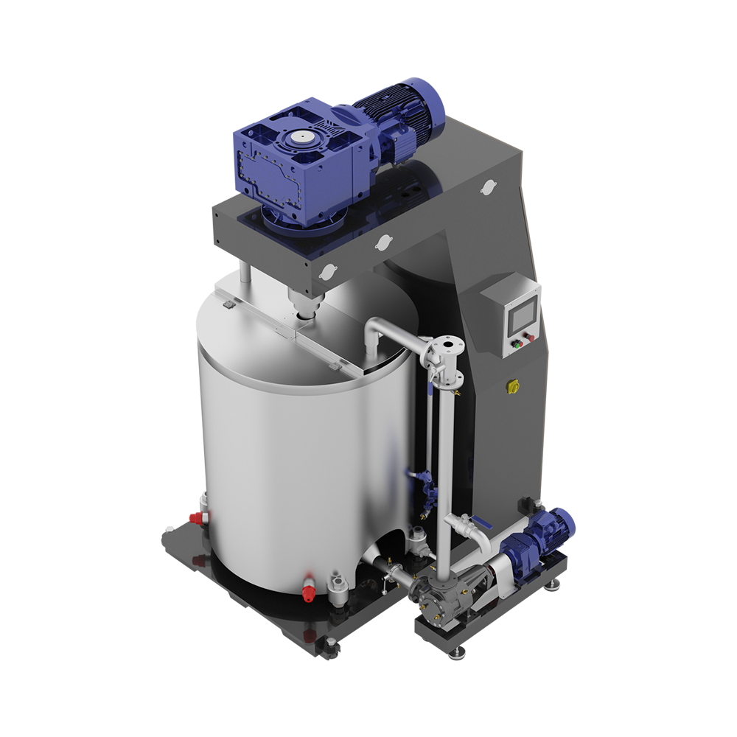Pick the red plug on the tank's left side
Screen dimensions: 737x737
point(197,517)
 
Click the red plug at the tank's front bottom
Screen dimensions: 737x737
point(307,588)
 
